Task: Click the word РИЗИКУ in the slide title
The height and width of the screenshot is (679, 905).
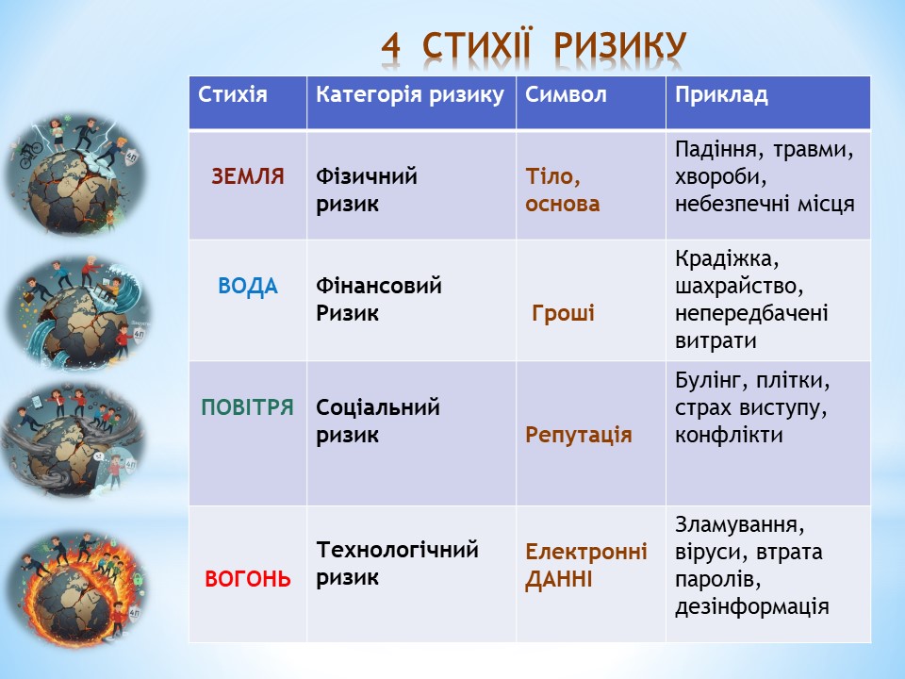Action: tap(620, 45)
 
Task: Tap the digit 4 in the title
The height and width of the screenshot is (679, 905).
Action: tap(390, 45)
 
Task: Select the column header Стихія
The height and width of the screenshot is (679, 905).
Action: tap(233, 94)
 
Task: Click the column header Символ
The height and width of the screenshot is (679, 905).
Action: tap(566, 94)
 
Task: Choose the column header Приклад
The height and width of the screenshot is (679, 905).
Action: tap(721, 95)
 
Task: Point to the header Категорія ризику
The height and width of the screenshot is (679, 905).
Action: tap(410, 95)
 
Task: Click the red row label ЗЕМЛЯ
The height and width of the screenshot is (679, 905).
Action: tap(248, 176)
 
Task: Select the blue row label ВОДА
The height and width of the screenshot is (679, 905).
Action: tap(248, 287)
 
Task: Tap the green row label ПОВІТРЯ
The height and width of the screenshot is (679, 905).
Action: tap(248, 407)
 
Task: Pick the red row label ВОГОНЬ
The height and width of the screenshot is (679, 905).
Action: tap(248, 579)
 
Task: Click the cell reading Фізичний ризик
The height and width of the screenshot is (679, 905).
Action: tap(367, 190)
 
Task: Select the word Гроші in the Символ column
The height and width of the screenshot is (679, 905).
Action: tap(563, 313)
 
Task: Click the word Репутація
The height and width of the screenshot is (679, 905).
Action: tap(578, 436)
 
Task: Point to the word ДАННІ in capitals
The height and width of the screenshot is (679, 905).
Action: tap(559, 580)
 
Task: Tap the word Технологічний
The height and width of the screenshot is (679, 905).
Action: tap(398, 550)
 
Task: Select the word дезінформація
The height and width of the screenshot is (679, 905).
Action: tap(752, 607)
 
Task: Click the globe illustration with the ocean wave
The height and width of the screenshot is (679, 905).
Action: tap(78, 313)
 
